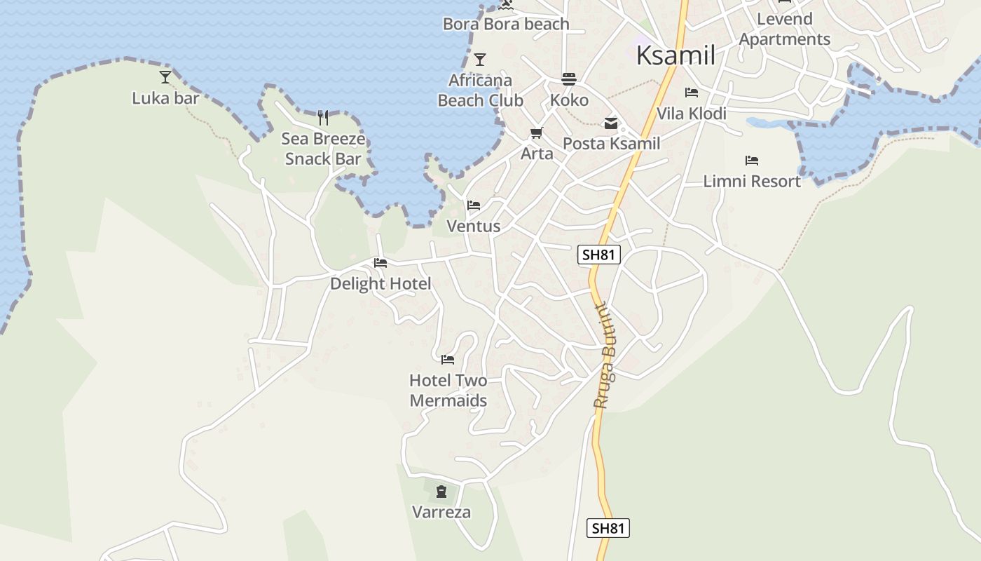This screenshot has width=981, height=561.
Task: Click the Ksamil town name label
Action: click(675, 55)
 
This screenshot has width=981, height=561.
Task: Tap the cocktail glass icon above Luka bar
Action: click(165, 76)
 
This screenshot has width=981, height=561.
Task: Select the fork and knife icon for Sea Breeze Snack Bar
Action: click(323, 117)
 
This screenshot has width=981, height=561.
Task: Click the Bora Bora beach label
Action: click(506, 25)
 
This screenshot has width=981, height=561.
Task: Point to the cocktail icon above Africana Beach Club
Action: click(480, 59)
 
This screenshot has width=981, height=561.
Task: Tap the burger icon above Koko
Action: click(568, 79)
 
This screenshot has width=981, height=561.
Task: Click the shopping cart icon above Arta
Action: click(537, 133)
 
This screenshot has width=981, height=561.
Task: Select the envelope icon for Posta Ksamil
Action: click(611, 123)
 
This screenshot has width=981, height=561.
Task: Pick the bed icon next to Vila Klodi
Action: click(692, 93)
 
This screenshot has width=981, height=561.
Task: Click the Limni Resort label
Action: click(752, 181)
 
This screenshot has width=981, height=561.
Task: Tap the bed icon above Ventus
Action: click(474, 205)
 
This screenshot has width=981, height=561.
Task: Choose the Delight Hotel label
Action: click(380, 283)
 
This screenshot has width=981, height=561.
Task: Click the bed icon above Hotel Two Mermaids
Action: click(448, 360)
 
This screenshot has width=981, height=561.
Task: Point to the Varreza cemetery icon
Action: click(441, 492)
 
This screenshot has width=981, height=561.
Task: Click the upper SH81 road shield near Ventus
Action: click(599, 255)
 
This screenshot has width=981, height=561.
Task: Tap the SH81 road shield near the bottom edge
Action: click(608, 528)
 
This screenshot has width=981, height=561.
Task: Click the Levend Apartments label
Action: click(785, 29)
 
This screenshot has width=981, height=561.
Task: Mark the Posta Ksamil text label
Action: click(612, 144)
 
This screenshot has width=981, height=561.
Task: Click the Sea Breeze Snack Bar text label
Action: click(323, 149)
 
